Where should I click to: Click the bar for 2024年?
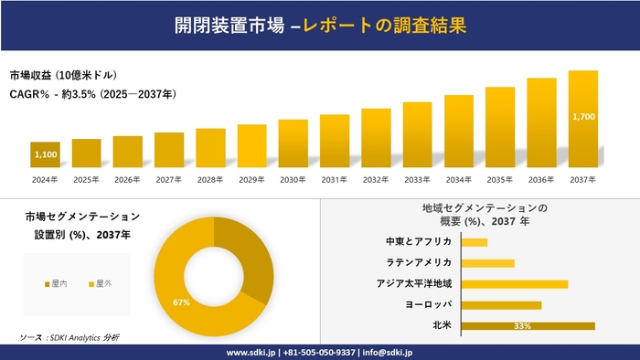[x=45, y=155]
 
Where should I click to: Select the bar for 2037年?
[x=582, y=119]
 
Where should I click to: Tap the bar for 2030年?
[x=293, y=143]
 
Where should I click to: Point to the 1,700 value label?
[x=582, y=117]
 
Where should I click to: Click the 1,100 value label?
[x=46, y=155]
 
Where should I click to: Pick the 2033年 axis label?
[x=417, y=179]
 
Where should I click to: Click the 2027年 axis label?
[x=169, y=179]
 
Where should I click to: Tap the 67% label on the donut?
[x=180, y=302]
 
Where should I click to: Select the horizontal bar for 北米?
[x=528, y=325]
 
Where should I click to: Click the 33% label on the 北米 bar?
[x=523, y=325]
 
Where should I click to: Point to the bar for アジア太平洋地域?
[x=515, y=284]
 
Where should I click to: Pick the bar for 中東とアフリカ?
[x=475, y=242]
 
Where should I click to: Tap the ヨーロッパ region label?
[x=427, y=304]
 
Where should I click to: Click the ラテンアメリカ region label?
[x=420, y=263]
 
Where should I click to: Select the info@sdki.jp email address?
[x=388, y=352]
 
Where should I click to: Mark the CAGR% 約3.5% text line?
[x=93, y=94]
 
